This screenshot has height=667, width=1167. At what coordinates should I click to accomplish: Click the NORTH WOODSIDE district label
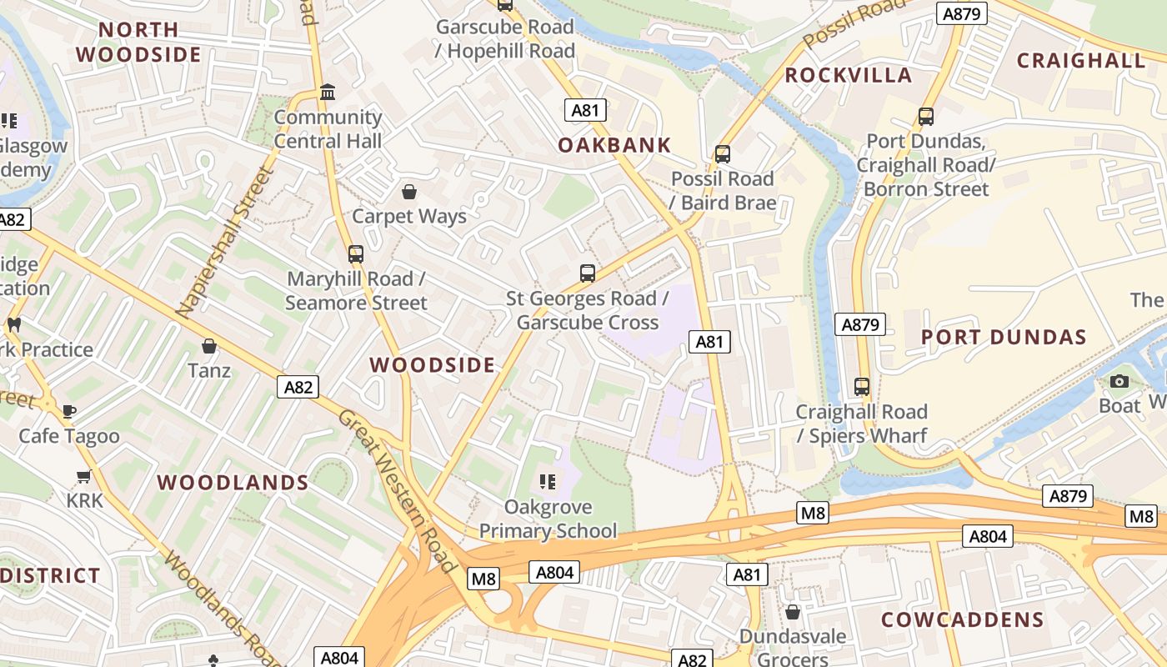[x=138, y=43]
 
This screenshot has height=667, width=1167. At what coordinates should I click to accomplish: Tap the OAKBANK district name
[x=614, y=145]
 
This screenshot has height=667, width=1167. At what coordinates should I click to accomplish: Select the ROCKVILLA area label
[x=849, y=75]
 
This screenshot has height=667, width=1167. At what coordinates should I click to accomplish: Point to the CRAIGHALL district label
[x=1081, y=60]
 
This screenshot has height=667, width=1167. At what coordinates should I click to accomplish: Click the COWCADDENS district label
[x=962, y=619]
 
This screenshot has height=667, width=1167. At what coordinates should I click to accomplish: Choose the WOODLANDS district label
[x=233, y=483]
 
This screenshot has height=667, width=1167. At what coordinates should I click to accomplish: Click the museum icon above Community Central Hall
[x=328, y=92]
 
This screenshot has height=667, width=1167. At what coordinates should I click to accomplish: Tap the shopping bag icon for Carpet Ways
[x=408, y=192]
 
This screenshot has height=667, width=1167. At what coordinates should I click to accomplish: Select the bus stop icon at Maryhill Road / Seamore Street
[x=356, y=253]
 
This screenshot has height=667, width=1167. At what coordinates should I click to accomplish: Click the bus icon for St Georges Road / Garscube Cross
[x=588, y=273]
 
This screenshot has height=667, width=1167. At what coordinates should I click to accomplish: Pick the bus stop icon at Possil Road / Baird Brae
[x=723, y=154]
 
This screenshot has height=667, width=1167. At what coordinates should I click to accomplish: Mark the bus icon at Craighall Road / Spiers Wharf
[x=862, y=387]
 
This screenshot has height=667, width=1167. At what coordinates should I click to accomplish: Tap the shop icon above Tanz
[x=209, y=345]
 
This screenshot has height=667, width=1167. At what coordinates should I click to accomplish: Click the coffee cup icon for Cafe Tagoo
[x=69, y=411]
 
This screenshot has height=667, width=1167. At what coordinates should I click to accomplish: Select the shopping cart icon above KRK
[x=83, y=476]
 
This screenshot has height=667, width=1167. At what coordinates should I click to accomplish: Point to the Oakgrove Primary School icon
[x=548, y=481]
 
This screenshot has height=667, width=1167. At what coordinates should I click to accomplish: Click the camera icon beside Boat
[x=1119, y=381]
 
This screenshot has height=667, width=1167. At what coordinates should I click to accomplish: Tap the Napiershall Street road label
[x=225, y=243]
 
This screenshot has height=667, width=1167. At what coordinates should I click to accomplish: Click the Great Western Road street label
[x=398, y=492]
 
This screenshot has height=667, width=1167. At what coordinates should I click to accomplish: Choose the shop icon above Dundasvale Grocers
[x=793, y=612]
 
